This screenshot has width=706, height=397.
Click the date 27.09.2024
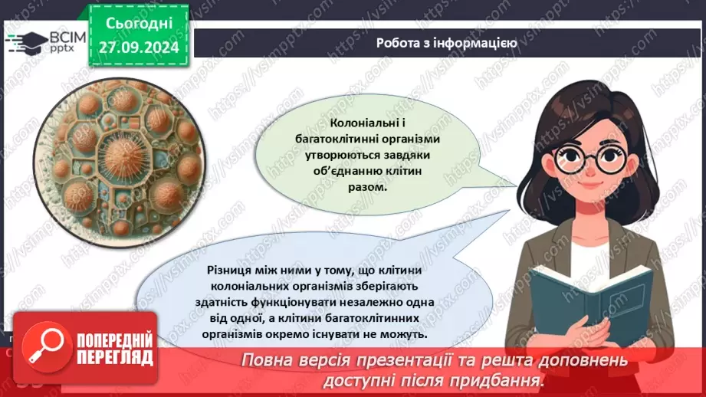point(138,45)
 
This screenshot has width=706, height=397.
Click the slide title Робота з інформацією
point(446,43)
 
